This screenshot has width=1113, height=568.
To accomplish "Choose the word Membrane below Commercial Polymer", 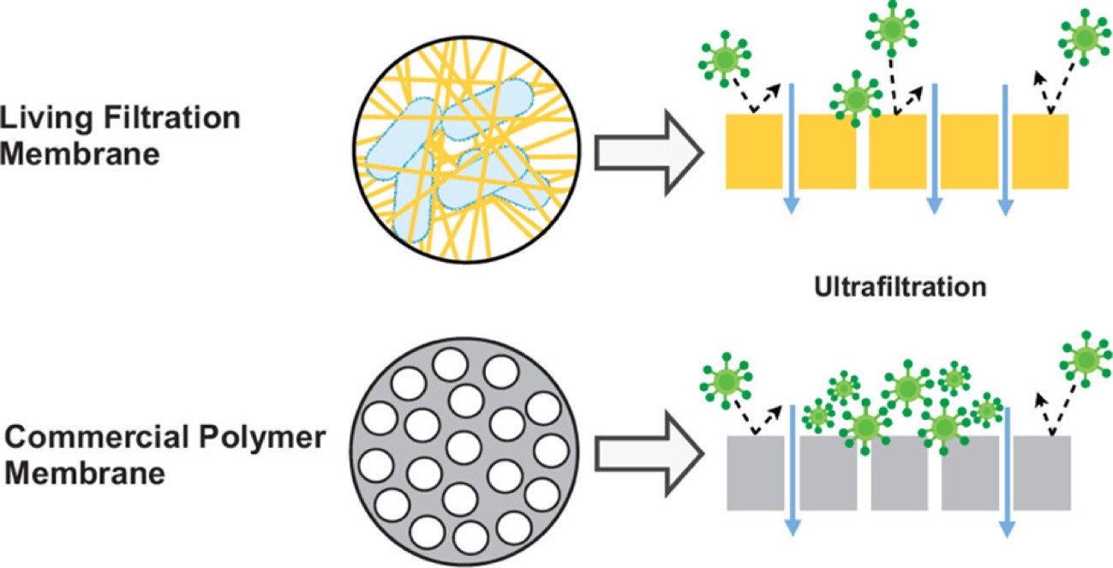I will click(87, 474).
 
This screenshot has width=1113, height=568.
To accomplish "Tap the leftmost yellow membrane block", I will click(754, 151).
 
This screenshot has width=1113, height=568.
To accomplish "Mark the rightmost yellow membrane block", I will click(1040, 151).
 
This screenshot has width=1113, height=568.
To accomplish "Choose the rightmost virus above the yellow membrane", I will click(1086, 39).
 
